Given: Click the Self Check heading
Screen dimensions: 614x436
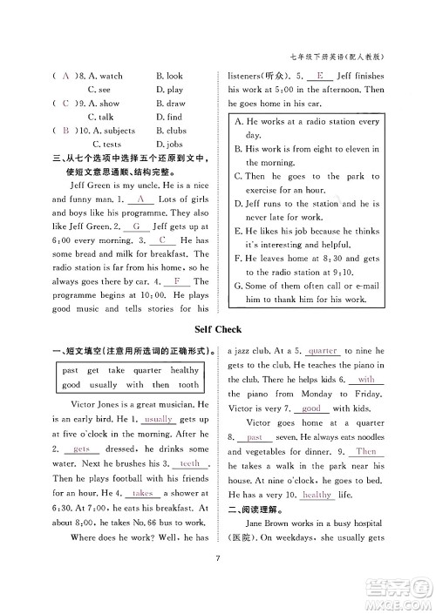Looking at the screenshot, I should (218, 330).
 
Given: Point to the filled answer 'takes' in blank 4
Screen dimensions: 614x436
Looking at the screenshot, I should (143, 493).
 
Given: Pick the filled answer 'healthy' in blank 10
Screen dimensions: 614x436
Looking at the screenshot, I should (317, 494).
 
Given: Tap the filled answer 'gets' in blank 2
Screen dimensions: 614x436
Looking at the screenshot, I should (83, 449).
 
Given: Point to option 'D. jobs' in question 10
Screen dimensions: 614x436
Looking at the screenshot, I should (170, 145).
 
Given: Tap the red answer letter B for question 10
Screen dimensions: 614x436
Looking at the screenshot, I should (65, 131).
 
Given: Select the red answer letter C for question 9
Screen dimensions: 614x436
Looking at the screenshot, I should (65, 103).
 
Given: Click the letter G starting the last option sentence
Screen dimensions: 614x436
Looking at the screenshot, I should (240, 285).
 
